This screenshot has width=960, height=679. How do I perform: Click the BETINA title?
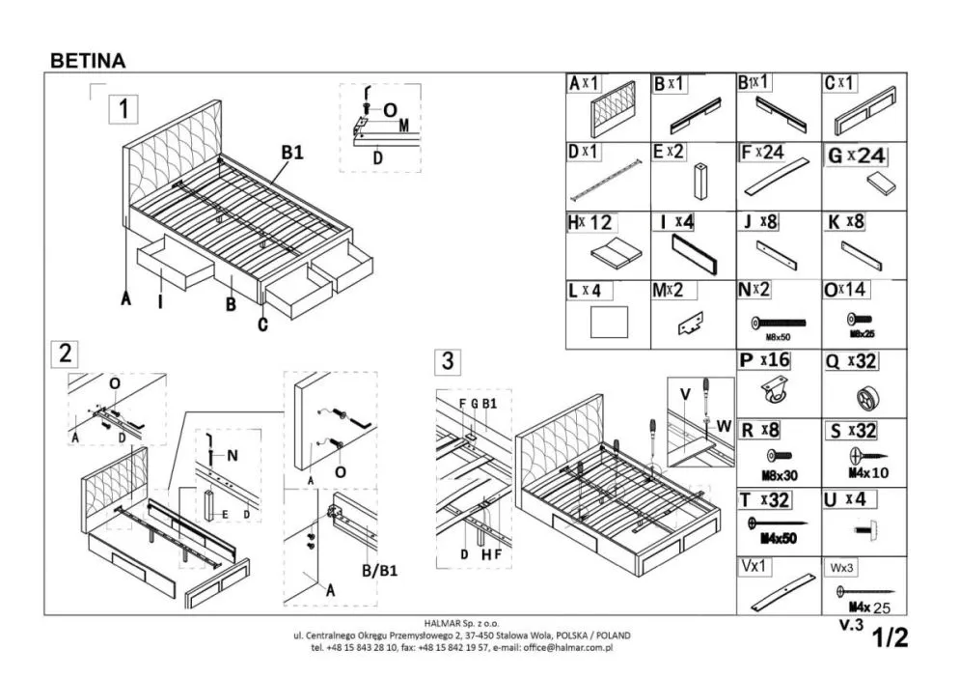(x=87, y=60)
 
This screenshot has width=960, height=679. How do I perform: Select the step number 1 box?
(x=123, y=107)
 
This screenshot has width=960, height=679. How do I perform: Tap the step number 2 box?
(x=65, y=354)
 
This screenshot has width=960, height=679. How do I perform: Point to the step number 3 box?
(x=447, y=362)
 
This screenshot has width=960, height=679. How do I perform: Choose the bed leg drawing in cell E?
(x=698, y=181)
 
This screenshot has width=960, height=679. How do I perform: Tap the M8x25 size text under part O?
(x=862, y=334)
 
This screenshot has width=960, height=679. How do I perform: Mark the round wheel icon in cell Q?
(x=862, y=397)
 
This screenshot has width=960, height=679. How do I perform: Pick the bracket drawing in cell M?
(x=692, y=325)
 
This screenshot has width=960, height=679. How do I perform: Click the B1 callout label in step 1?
(x=291, y=152)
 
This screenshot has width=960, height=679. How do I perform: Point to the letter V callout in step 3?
(x=684, y=393)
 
